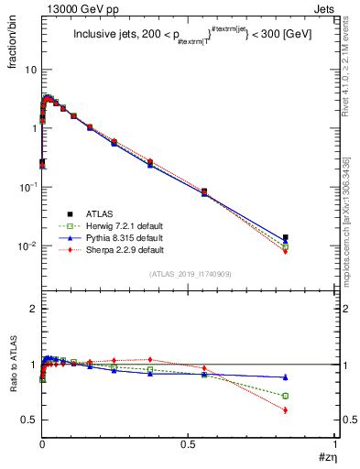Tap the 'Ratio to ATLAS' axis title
coord(13,367)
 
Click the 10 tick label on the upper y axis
coord(30,70)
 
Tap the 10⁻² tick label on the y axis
coord(27,245)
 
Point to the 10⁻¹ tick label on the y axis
coord(27,187)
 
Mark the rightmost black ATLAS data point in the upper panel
coord(285,237)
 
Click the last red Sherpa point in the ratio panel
coord(285,409)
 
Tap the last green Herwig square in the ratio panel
coord(285,396)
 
